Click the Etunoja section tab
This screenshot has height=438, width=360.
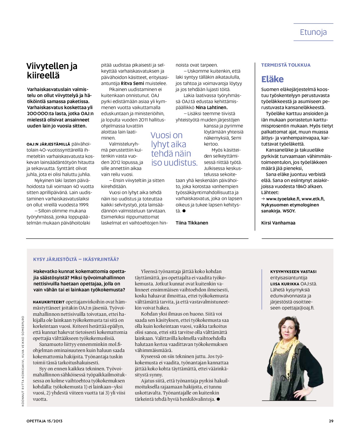[313, 32]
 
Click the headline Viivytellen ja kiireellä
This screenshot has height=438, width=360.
[52, 70]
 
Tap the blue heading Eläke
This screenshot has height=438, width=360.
[272, 79]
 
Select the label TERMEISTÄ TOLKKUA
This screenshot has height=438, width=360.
[286, 65]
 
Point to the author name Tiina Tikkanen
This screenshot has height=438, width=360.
[192, 223]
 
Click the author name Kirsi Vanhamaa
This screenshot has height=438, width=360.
[278, 223]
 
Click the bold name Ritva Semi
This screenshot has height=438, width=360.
[132, 83]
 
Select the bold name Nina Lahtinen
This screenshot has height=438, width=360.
[211, 107]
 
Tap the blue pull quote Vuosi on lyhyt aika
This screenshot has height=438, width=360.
[174, 149]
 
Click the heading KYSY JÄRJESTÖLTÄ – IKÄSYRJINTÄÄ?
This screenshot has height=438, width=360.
[76, 259]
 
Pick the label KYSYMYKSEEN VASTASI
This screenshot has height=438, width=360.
[293, 272]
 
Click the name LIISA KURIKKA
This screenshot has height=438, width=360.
[285, 284]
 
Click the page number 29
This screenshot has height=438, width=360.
[331, 421]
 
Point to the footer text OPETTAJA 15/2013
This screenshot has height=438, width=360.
[44, 421]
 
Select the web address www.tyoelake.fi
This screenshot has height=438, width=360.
[283, 199]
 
